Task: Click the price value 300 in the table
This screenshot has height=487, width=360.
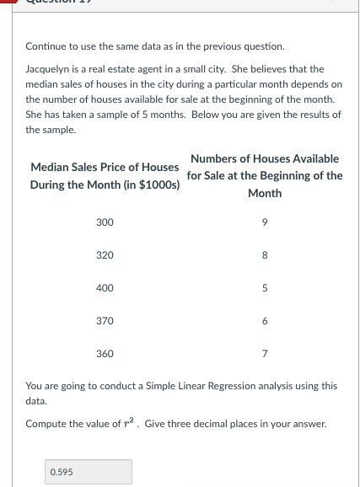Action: (x=105, y=222)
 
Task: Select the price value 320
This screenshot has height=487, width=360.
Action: (x=105, y=254)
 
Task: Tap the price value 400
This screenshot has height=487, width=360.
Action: (x=105, y=288)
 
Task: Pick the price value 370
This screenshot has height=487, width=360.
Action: (x=105, y=321)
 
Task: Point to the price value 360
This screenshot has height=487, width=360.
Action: (x=105, y=354)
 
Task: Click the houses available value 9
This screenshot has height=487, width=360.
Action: (x=265, y=222)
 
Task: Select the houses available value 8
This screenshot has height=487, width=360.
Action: (x=265, y=254)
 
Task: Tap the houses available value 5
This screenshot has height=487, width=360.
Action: (x=265, y=288)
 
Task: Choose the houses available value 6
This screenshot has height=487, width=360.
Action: (x=265, y=321)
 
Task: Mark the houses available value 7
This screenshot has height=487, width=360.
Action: (x=265, y=354)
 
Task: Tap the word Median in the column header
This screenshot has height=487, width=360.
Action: (x=49, y=167)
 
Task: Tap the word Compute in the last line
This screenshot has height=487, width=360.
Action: (x=46, y=424)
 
